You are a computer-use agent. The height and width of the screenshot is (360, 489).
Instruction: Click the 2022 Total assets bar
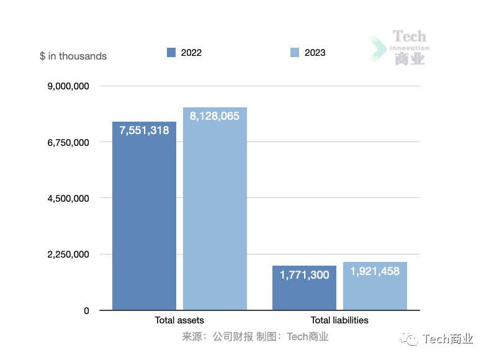click(144, 223)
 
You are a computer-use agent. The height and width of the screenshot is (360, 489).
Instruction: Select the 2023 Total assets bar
click(215, 217)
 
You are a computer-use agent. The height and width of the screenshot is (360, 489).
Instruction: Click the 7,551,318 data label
click(144, 130)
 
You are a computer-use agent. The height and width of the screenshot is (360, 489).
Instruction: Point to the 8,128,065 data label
click(215, 116)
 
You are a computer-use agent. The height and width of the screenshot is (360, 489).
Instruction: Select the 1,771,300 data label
click(304, 275)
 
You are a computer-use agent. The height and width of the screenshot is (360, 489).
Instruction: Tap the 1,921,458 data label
click(375, 271)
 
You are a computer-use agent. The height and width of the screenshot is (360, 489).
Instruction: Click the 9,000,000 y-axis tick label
click(68, 86)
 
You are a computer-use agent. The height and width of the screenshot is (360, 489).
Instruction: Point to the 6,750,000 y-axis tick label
click(68, 142)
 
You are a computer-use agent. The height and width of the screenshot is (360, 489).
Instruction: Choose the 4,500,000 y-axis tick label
click(68, 199)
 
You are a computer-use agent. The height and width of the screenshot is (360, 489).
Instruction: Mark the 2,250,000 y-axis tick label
click(68, 254)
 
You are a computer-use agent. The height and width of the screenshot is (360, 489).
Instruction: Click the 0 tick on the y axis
click(86, 310)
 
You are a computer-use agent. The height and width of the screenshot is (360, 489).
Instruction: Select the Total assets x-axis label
click(179, 320)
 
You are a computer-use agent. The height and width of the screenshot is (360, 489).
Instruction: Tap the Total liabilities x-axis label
click(339, 320)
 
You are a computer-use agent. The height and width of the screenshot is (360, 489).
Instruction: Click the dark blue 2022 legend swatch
click(171, 53)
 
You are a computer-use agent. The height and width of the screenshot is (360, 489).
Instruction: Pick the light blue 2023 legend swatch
click(295, 53)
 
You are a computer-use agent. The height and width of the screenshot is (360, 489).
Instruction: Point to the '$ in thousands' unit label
click(73, 56)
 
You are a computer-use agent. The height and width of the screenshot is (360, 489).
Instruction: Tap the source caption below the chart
click(255, 337)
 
